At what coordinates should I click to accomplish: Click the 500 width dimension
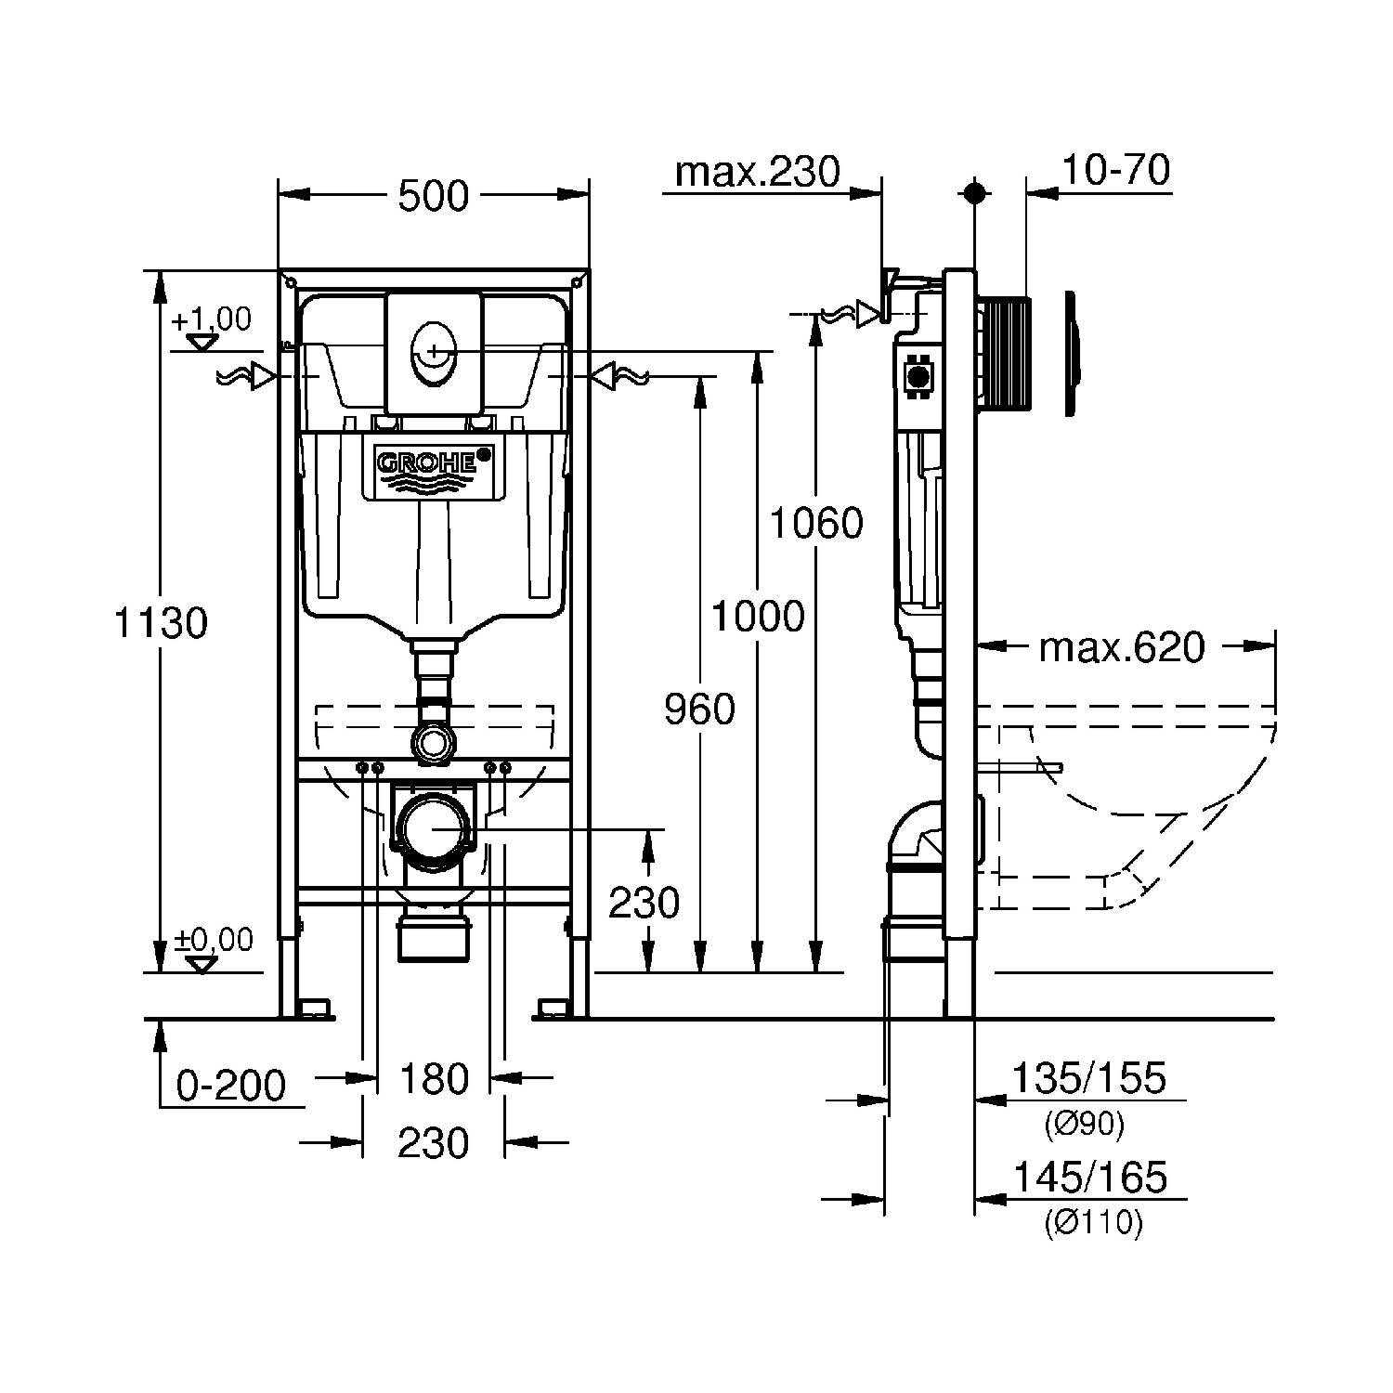(x=434, y=197)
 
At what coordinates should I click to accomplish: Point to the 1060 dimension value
(x=816, y=524)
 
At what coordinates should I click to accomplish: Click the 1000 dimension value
(x=758, y=616)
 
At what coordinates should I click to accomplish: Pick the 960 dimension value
(x=699, y=710)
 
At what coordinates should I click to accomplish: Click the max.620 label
(x=1121, y=647)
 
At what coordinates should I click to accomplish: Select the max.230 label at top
(x=757, y=171)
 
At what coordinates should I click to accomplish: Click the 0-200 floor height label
(x=231, y=1085)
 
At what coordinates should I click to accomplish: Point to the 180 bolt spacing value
(x=434, y=1079)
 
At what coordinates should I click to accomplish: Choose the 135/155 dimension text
(x=1087, y=1079)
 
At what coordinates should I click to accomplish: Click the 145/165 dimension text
(x=1088, y=1178)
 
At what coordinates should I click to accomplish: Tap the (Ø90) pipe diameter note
(x=1084, y=1125)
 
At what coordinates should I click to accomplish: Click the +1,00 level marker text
(x=211, y=319)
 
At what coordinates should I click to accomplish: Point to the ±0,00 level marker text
(x=214, y=940)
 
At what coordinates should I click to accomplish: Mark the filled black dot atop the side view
(x=974, y=192)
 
